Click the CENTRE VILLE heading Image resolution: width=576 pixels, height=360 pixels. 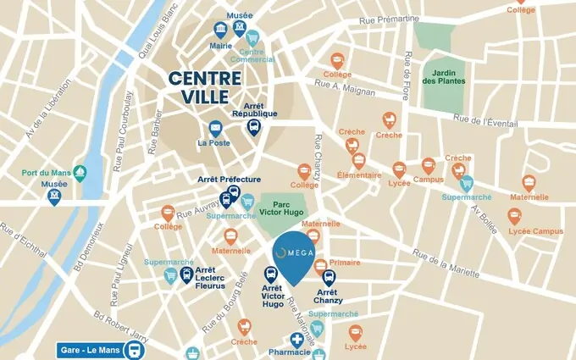point(204,87)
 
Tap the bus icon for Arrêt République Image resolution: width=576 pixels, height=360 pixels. point(253,127)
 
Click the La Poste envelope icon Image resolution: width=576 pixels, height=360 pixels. point(215,129)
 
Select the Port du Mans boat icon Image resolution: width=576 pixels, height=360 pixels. point(80,172)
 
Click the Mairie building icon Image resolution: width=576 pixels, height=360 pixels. point(221,28)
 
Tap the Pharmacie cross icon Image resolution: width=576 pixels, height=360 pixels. point(296,339)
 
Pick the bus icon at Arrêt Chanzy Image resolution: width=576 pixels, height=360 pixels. point(330,277)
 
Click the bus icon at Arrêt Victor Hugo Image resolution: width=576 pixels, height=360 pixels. point(271,274)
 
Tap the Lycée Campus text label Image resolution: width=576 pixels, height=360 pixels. point(535,231)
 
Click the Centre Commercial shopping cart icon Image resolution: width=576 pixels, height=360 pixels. point(255,40)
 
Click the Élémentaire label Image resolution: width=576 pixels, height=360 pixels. point(360,176)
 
